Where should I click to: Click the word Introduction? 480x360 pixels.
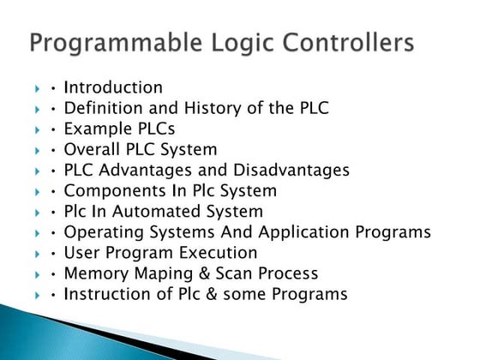point(113,87)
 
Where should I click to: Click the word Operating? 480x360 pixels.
point(101,231)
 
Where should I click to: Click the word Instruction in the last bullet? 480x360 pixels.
point(107,294)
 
